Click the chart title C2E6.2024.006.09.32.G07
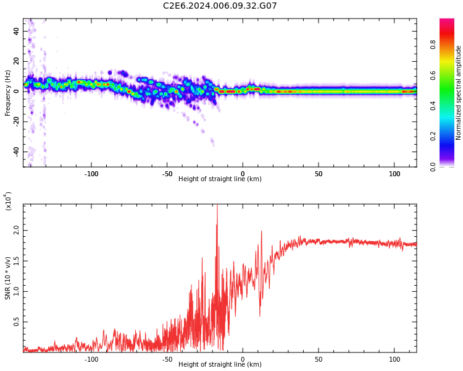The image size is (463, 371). (220, 6)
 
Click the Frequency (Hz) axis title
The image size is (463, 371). (8, 93)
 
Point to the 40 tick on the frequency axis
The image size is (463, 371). (17, 32)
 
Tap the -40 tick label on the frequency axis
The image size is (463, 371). (15, 152)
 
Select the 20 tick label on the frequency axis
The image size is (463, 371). (17, 62)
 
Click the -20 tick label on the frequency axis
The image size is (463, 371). (15, 122)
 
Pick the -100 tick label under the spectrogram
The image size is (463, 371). (91, 173)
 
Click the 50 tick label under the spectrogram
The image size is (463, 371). (318, 173)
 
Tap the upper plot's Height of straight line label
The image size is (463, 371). (220, 179)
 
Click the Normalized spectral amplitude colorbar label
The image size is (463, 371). (459, 93)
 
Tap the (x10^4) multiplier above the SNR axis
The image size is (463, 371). (8, 201)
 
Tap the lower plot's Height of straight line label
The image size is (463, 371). (220, 365)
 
